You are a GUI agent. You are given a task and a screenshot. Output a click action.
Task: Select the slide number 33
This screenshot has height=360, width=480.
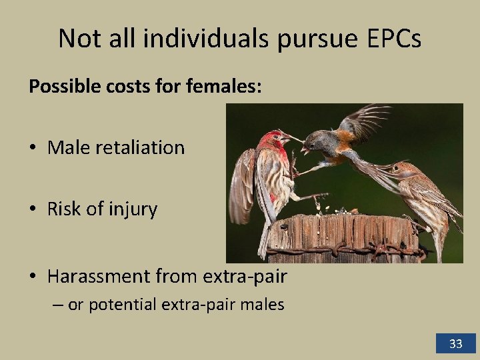point(456,344)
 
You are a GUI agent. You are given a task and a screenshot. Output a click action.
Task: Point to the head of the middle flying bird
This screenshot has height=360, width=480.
point(316,141)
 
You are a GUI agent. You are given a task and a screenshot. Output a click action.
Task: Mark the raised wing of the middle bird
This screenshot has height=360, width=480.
point(363,120)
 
